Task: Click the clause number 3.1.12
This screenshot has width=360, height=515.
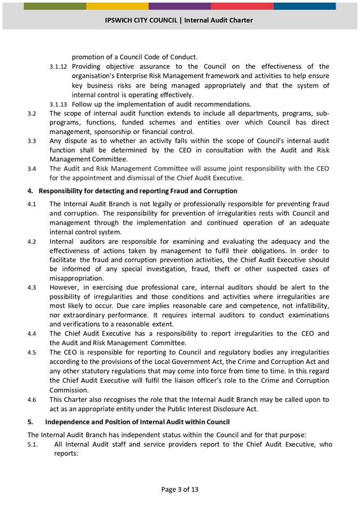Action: coord(58,67)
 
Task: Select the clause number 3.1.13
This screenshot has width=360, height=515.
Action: coord(58,104)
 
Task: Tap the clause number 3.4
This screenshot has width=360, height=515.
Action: coord(32,169)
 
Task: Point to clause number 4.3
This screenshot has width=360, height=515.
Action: coord(32,288)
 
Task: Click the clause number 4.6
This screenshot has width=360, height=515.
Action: coord(32,399)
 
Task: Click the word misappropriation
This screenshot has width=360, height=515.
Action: coord(77,278)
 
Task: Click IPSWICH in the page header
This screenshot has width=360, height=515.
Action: coord(121,20)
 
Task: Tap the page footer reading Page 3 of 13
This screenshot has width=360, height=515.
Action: coord(180,489)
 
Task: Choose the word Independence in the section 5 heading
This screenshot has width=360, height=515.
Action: coord(69,422)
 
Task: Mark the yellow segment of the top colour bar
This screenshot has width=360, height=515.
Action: coord(117,6)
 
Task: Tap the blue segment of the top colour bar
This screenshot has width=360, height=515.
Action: coord(305,6)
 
